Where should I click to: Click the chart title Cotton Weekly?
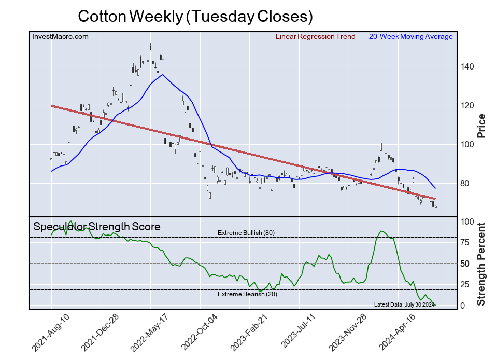pos(195,17)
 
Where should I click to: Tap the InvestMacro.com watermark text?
pos(60,36)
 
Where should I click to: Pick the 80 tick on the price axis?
pos(466,184)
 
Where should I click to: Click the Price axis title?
pos(481,125)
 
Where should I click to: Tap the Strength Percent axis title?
pos(481,264)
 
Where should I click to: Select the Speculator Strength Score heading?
pos(97,227)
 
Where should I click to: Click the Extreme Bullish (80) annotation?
pos(246,233)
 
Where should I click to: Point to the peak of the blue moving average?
pos(163,75)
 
